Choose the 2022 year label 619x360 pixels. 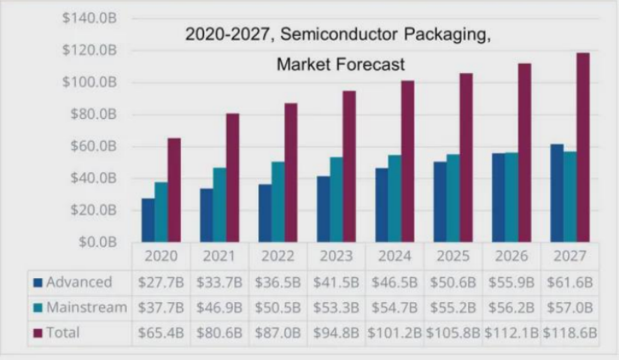[279, 256]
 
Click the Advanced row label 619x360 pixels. [79, 283]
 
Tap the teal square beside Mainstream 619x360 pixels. [37, 308]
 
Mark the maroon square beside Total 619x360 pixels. [37, 333]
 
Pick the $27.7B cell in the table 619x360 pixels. [162, 283]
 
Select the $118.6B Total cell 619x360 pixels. [571, 333]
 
